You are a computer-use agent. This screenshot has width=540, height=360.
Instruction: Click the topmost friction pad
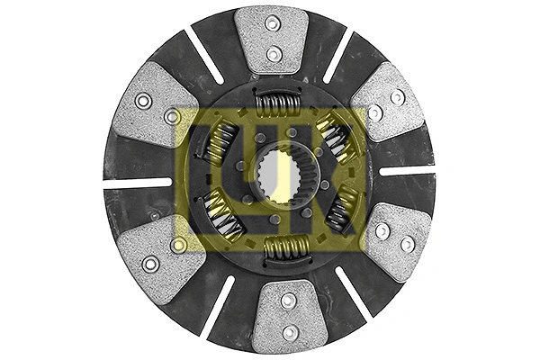click(272, 40)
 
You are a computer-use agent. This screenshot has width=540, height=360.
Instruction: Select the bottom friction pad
click(289, 316)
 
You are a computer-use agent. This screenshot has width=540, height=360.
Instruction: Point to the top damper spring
click(277, 103)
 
